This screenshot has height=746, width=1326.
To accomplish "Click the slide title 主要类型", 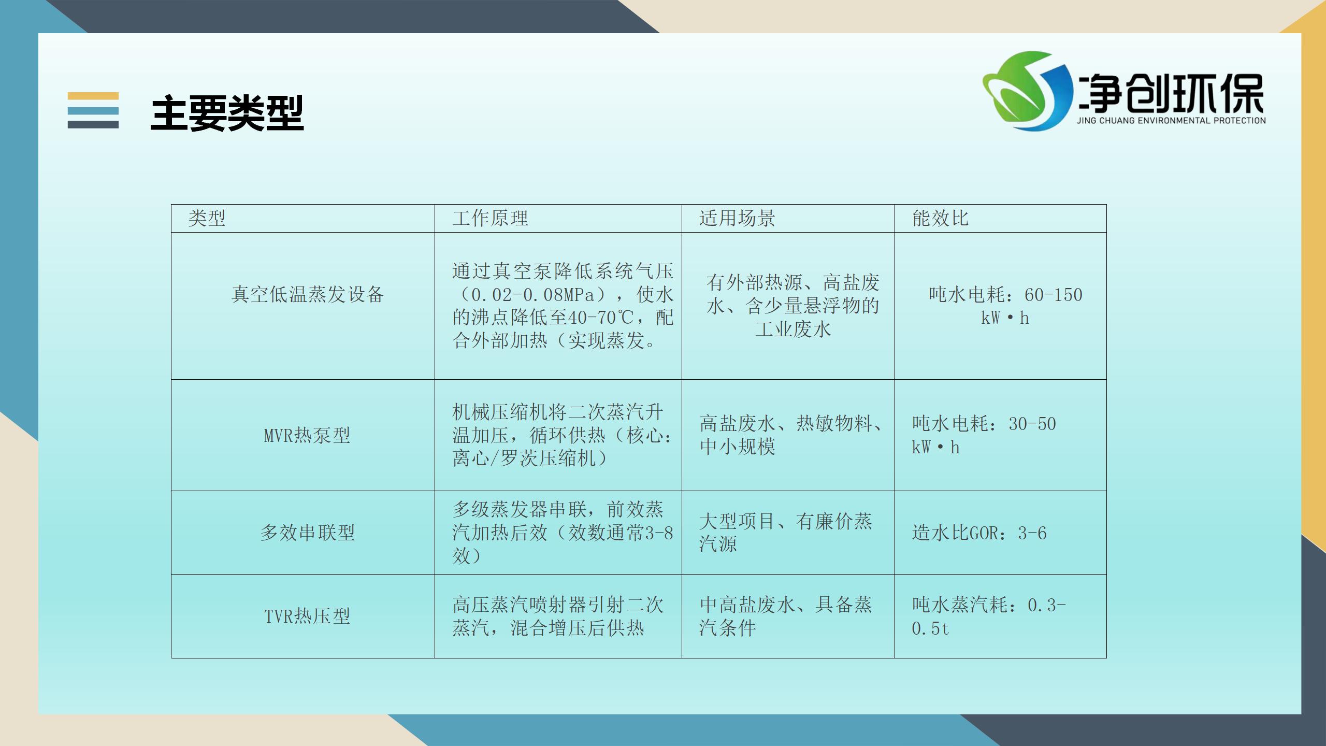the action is point(227,112).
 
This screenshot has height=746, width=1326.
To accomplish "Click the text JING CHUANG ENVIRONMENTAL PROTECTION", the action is point(1171,121).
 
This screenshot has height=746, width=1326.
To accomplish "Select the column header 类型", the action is point(207,218).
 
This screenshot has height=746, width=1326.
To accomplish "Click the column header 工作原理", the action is point(490,218).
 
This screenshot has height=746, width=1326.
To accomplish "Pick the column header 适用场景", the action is point(737,218).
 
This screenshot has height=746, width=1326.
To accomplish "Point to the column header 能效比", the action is point(940,218).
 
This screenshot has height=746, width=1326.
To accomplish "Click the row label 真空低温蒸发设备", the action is point(308,294).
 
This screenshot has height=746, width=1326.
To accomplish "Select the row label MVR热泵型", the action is point(307,435).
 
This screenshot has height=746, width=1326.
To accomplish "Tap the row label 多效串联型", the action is point(308,533).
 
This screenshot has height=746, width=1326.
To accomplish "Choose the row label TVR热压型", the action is point(307,616).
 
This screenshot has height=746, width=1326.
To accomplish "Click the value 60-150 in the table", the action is point(1054,295).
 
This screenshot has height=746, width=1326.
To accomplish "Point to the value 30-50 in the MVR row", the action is point(1032,424).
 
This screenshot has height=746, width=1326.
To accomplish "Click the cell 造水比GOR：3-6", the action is point(979,533).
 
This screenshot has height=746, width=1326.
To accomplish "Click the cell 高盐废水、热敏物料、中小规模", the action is point(791,435).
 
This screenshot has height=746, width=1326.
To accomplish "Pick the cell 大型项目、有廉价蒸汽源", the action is point(786,533).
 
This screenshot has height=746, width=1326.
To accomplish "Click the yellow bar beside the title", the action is point(93,96).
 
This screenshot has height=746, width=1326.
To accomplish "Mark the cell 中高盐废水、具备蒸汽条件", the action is point(786,616).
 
